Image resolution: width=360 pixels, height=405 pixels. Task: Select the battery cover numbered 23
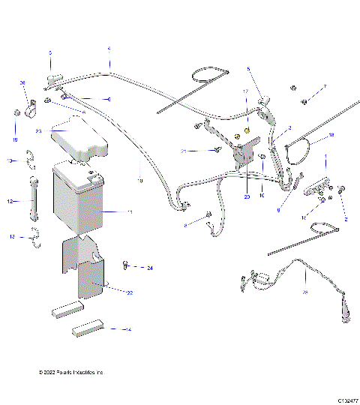click(76, 141)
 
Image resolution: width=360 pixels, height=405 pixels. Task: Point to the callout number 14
click(128, 329)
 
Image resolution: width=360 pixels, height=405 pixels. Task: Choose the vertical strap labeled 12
click(32, 201)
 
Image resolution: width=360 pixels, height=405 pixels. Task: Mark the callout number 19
click(15, 139)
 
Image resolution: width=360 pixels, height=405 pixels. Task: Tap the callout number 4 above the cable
click(109, 49)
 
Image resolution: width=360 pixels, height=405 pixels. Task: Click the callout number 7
click(325, 87)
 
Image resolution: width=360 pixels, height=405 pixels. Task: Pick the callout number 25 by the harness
click(304, 292)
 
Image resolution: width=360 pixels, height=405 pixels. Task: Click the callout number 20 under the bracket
click(246, 197)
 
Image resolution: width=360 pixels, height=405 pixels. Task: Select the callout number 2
click(346, 219)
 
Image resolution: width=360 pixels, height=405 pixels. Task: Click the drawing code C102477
click(347, 400)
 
